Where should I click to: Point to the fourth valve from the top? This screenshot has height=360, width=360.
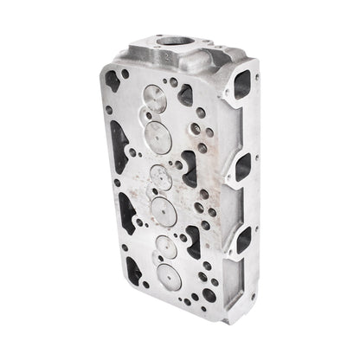164,209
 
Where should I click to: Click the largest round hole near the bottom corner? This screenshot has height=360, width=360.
209,295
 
